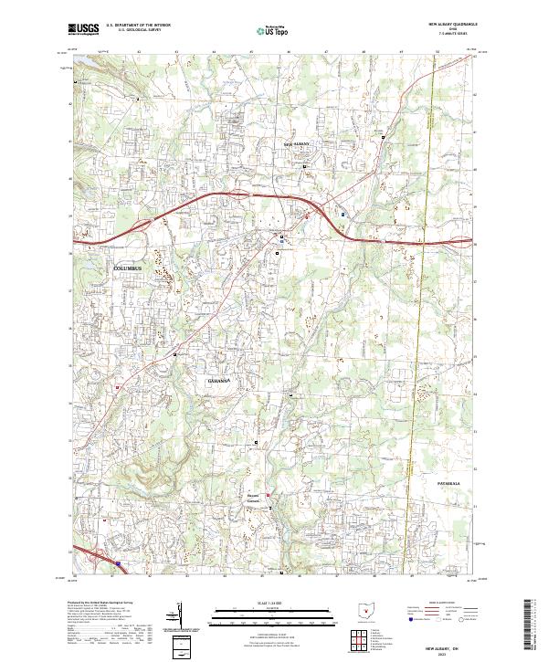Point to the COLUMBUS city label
[x=128, y=268]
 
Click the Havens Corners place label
[x=254, y=499]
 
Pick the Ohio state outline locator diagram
[x=369, y=611]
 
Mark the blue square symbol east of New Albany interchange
[x=343, y=215]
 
